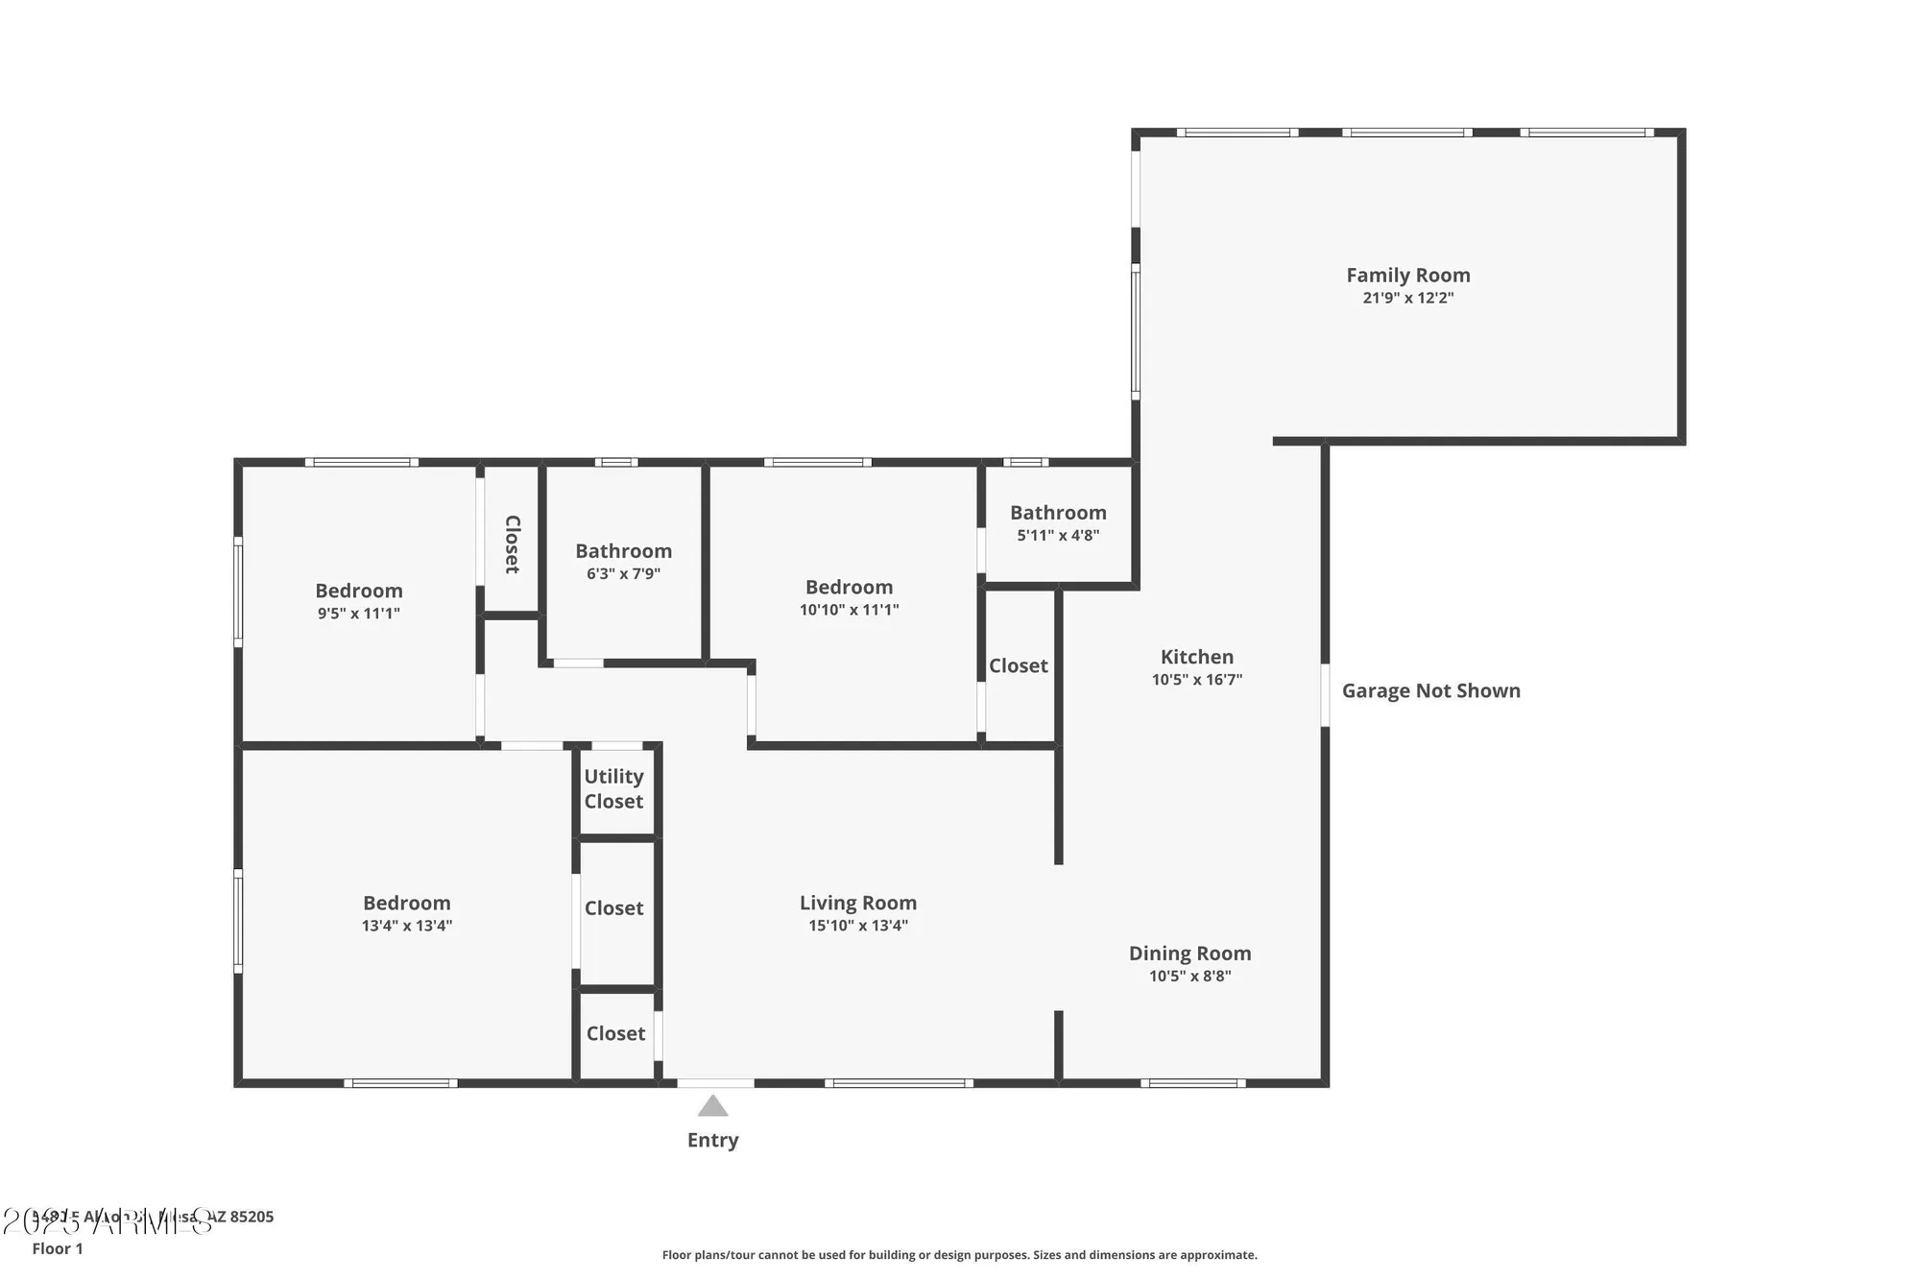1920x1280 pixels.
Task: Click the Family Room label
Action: (1407, 276)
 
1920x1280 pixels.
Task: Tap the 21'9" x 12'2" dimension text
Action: (1407, 298)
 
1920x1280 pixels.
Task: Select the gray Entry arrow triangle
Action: (712, 1106)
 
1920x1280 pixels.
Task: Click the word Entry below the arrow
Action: (712, 1140)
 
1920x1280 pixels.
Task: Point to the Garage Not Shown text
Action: (1430, 690)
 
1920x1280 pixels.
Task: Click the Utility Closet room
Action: (614, 788)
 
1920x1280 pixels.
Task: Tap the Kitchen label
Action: (1196, 657)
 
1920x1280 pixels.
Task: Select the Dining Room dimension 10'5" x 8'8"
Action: (1189, 976)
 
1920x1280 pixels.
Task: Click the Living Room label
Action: (857, 903)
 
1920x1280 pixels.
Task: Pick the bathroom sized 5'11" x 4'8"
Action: (1058, 523)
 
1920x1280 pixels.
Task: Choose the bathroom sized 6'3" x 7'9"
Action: (623, 562)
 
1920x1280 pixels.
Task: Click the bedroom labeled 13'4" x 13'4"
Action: (406, 913)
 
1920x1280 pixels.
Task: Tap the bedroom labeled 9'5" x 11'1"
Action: (358, 601)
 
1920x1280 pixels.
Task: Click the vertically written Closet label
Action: (512, 543)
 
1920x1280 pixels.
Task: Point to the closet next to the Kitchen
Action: (1018, 665)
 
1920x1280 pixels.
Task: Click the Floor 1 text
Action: (58, 1248)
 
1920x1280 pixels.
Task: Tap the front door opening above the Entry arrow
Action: (715, 1083)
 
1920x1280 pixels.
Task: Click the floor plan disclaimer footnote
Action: (959, 1254)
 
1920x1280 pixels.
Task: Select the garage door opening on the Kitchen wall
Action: (1325, 694)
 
